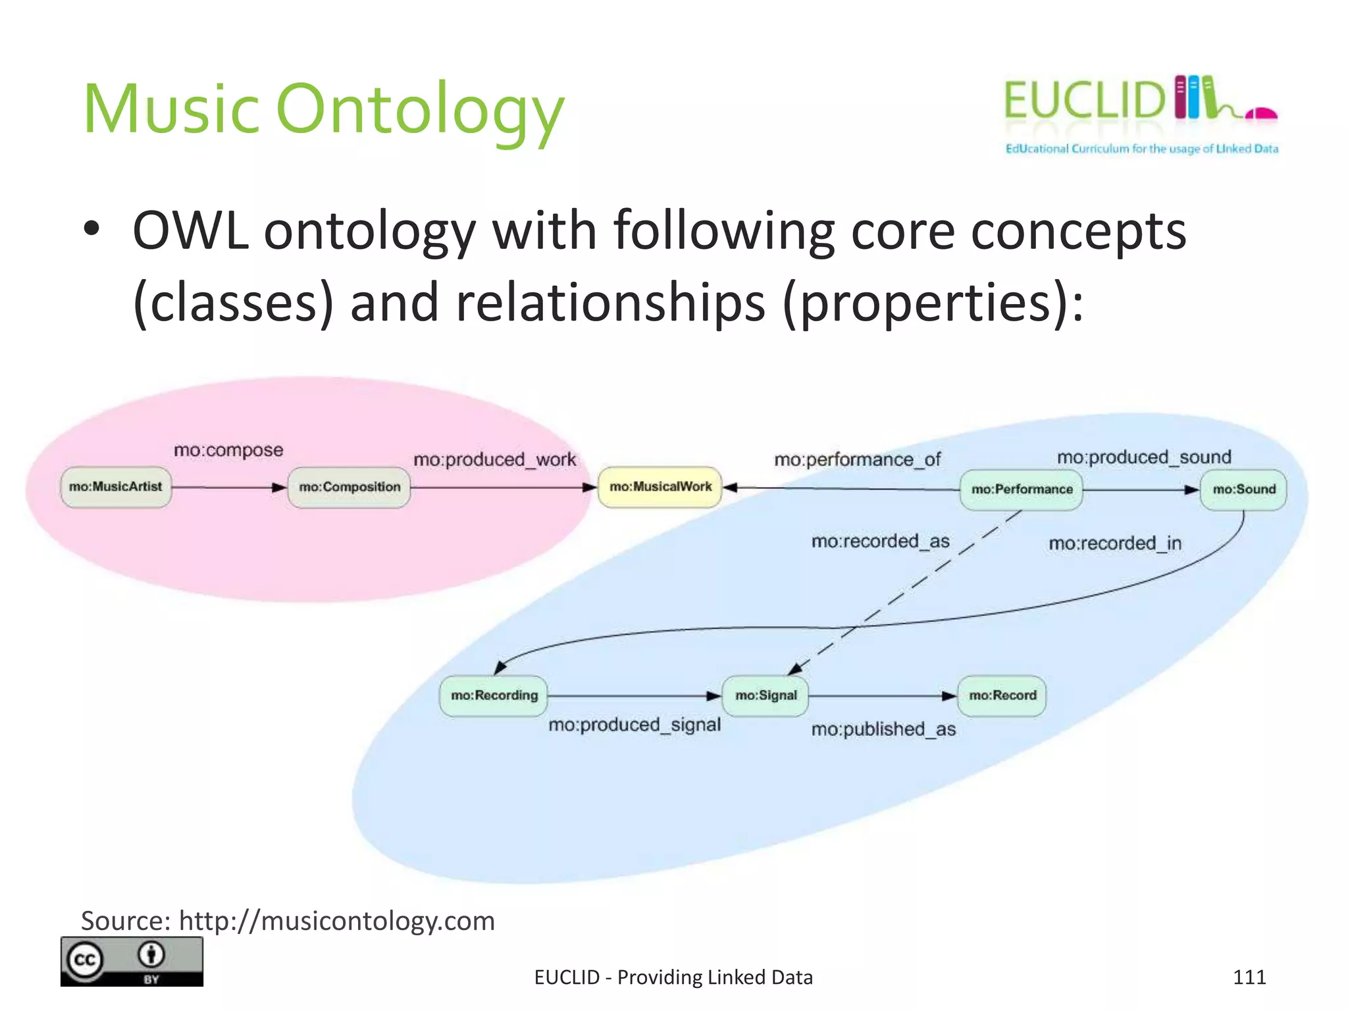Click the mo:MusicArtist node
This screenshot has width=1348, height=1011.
[x=116, y=487]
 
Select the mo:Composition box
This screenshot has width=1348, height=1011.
[x=349, y=487]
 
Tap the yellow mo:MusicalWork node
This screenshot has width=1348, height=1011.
[x=660, y=487]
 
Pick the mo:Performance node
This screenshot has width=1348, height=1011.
[x=1022, y=490]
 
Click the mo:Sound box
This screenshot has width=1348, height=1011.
[x=1243, y=490]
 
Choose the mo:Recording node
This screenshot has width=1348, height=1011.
[x=494, y=696]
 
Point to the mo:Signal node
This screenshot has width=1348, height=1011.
[x=765, y=696]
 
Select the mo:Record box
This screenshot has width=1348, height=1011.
[x=1002, y=696]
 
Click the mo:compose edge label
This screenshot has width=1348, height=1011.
[x=228, y=450]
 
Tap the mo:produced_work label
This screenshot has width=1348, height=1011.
[x=494, y=459]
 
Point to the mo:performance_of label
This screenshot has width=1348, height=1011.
[x=857, y=459]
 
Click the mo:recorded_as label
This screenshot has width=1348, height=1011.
[x=880, y=541]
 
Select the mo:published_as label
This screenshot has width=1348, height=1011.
[x=883, y=729]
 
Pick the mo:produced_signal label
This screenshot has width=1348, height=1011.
[x=635, y=725]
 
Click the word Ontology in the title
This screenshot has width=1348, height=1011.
[x=420, y=111]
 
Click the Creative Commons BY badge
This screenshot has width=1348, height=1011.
[x=132, y=962]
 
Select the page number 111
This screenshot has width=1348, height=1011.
[x=1249, y=977]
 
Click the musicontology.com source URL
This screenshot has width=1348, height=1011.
[x=336, y=921]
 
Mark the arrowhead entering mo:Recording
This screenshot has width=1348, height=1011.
[x=500, y=667]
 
